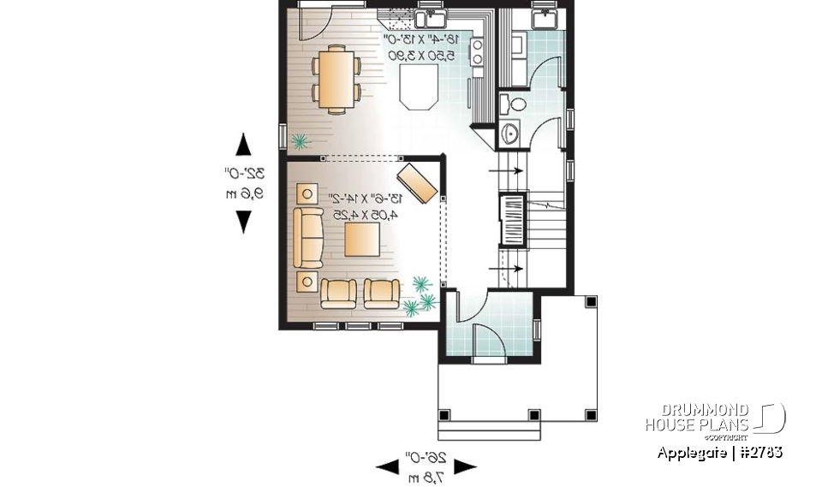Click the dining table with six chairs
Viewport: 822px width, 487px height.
(336, 80)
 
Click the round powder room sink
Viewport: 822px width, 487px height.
(511, 134)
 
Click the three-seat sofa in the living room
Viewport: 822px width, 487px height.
(307, 236)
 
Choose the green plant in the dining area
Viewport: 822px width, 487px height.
(299, 141)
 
